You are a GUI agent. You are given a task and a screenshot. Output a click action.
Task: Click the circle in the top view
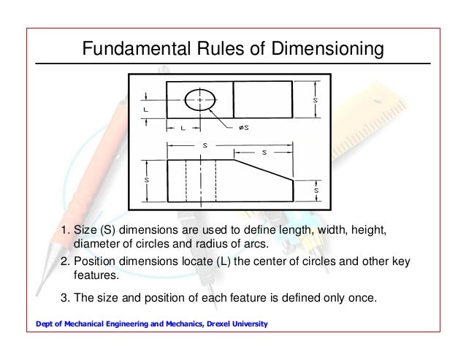pyautogui.click(x=199, y=100)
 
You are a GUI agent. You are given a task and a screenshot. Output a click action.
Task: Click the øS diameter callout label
pyautogui.click(x=243, y=128)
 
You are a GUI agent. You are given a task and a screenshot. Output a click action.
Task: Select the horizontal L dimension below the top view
pyautogui.click(x=181, y=128)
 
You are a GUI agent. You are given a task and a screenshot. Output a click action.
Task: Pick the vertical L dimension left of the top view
pyautogui.click(x=145, y=110)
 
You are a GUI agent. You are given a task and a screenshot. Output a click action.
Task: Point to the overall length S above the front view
pyautogui.click(x=205, y=145)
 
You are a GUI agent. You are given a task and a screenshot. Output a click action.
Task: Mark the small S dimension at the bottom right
pyautogui.click(x=315, y=191)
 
